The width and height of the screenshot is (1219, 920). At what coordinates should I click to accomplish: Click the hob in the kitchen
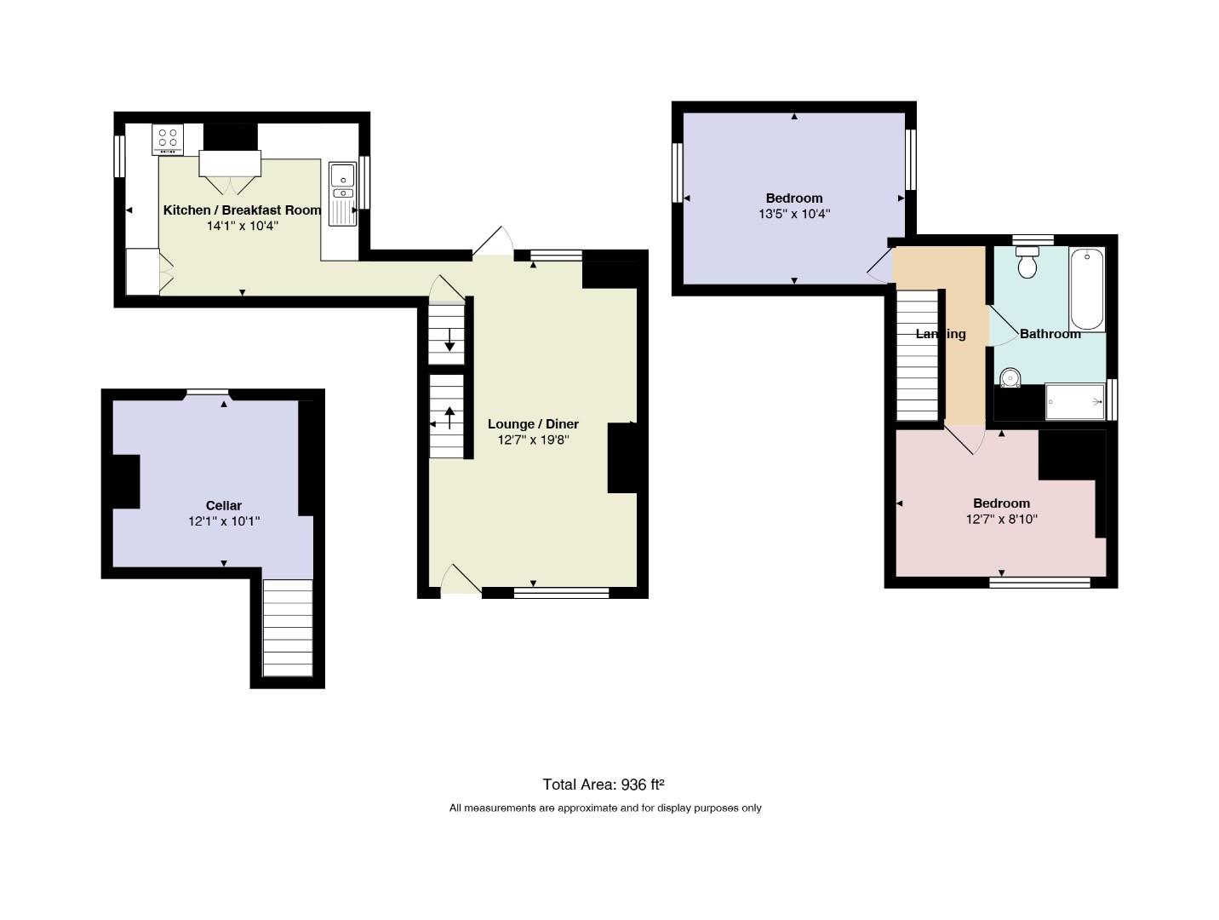(167, 139)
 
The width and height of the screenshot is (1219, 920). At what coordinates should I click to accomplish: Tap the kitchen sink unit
(342, 193)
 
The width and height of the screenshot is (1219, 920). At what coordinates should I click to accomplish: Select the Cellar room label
(223, 505)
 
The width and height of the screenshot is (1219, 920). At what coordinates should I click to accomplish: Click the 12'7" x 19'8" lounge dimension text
(533, 440)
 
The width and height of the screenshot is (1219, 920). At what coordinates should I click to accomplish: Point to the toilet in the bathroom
(1027, 262)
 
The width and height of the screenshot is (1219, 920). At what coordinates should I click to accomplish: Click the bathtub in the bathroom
(1086, 289)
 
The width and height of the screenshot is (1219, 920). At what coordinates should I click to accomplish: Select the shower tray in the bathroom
(1074, 401)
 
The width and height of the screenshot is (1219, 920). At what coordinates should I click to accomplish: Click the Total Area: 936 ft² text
(603, 784)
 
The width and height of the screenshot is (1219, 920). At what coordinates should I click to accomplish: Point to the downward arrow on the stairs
(449, 339)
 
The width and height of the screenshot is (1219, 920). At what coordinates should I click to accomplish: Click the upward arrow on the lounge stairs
(449, 417)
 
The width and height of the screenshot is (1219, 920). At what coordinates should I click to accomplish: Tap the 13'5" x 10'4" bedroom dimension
(793, 214)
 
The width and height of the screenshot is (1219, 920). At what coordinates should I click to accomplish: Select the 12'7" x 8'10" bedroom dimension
(1001, 519)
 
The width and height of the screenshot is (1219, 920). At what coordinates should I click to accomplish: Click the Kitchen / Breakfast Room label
(242, 210)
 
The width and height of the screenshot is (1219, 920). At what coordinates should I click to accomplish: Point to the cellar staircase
(287, 628)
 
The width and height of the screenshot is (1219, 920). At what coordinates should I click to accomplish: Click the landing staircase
(917, 355)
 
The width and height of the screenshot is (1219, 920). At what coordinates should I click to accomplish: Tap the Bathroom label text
(1050, 334)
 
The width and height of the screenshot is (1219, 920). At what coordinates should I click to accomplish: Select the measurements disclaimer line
(604, 808)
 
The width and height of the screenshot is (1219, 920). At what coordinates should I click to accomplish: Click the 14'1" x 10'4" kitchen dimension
(242, 226)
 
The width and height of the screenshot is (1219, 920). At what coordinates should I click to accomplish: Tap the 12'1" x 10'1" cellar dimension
(223, 521)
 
